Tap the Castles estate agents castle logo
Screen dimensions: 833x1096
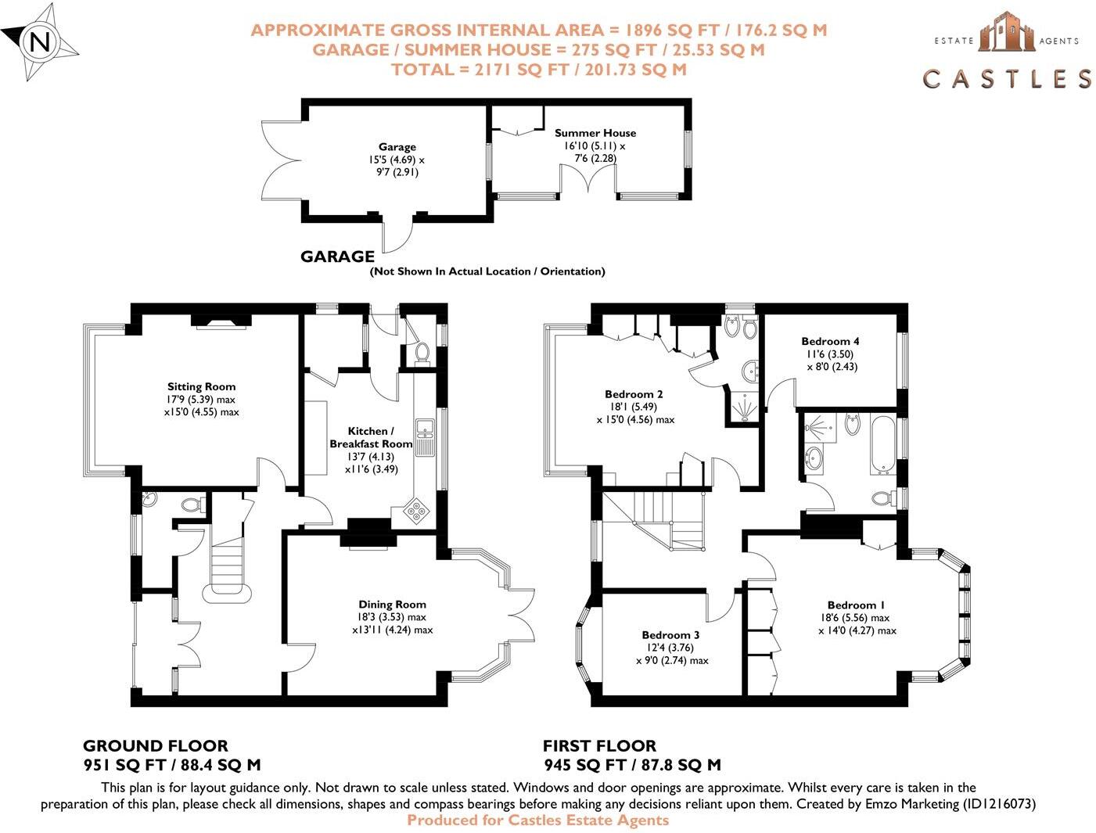pyautogui.click(x=1006, y=33)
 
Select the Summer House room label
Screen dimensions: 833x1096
pyautogui.click(x=595, y=133)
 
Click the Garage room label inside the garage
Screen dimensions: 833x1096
pyautogui.click(x=397, y=147)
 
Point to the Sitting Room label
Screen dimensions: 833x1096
pyautogui.click(x=201, y=386)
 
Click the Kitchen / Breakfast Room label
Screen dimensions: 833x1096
pyautogui.click(x=371, y=437)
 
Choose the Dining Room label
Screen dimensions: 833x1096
pyautogui.click(x=392, y=604)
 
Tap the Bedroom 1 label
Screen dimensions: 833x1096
pyautogui.click(x=856, y=605)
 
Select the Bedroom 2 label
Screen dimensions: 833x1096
pyautogui.click(x=634, y=394)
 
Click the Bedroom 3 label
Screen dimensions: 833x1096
pyautogui.click(x=670, y=635)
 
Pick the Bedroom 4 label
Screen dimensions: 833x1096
pyautogui.click(x=830, y=341)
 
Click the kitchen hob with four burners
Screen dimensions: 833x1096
pyautogui.click(x=417, y=510)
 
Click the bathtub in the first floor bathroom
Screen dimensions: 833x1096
pyautogui.click(x=884, y=445)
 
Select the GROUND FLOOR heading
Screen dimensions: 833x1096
pyautogui.click(x=155, y=746)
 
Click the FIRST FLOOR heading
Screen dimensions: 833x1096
pyautogui.click(x=599, y=746)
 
